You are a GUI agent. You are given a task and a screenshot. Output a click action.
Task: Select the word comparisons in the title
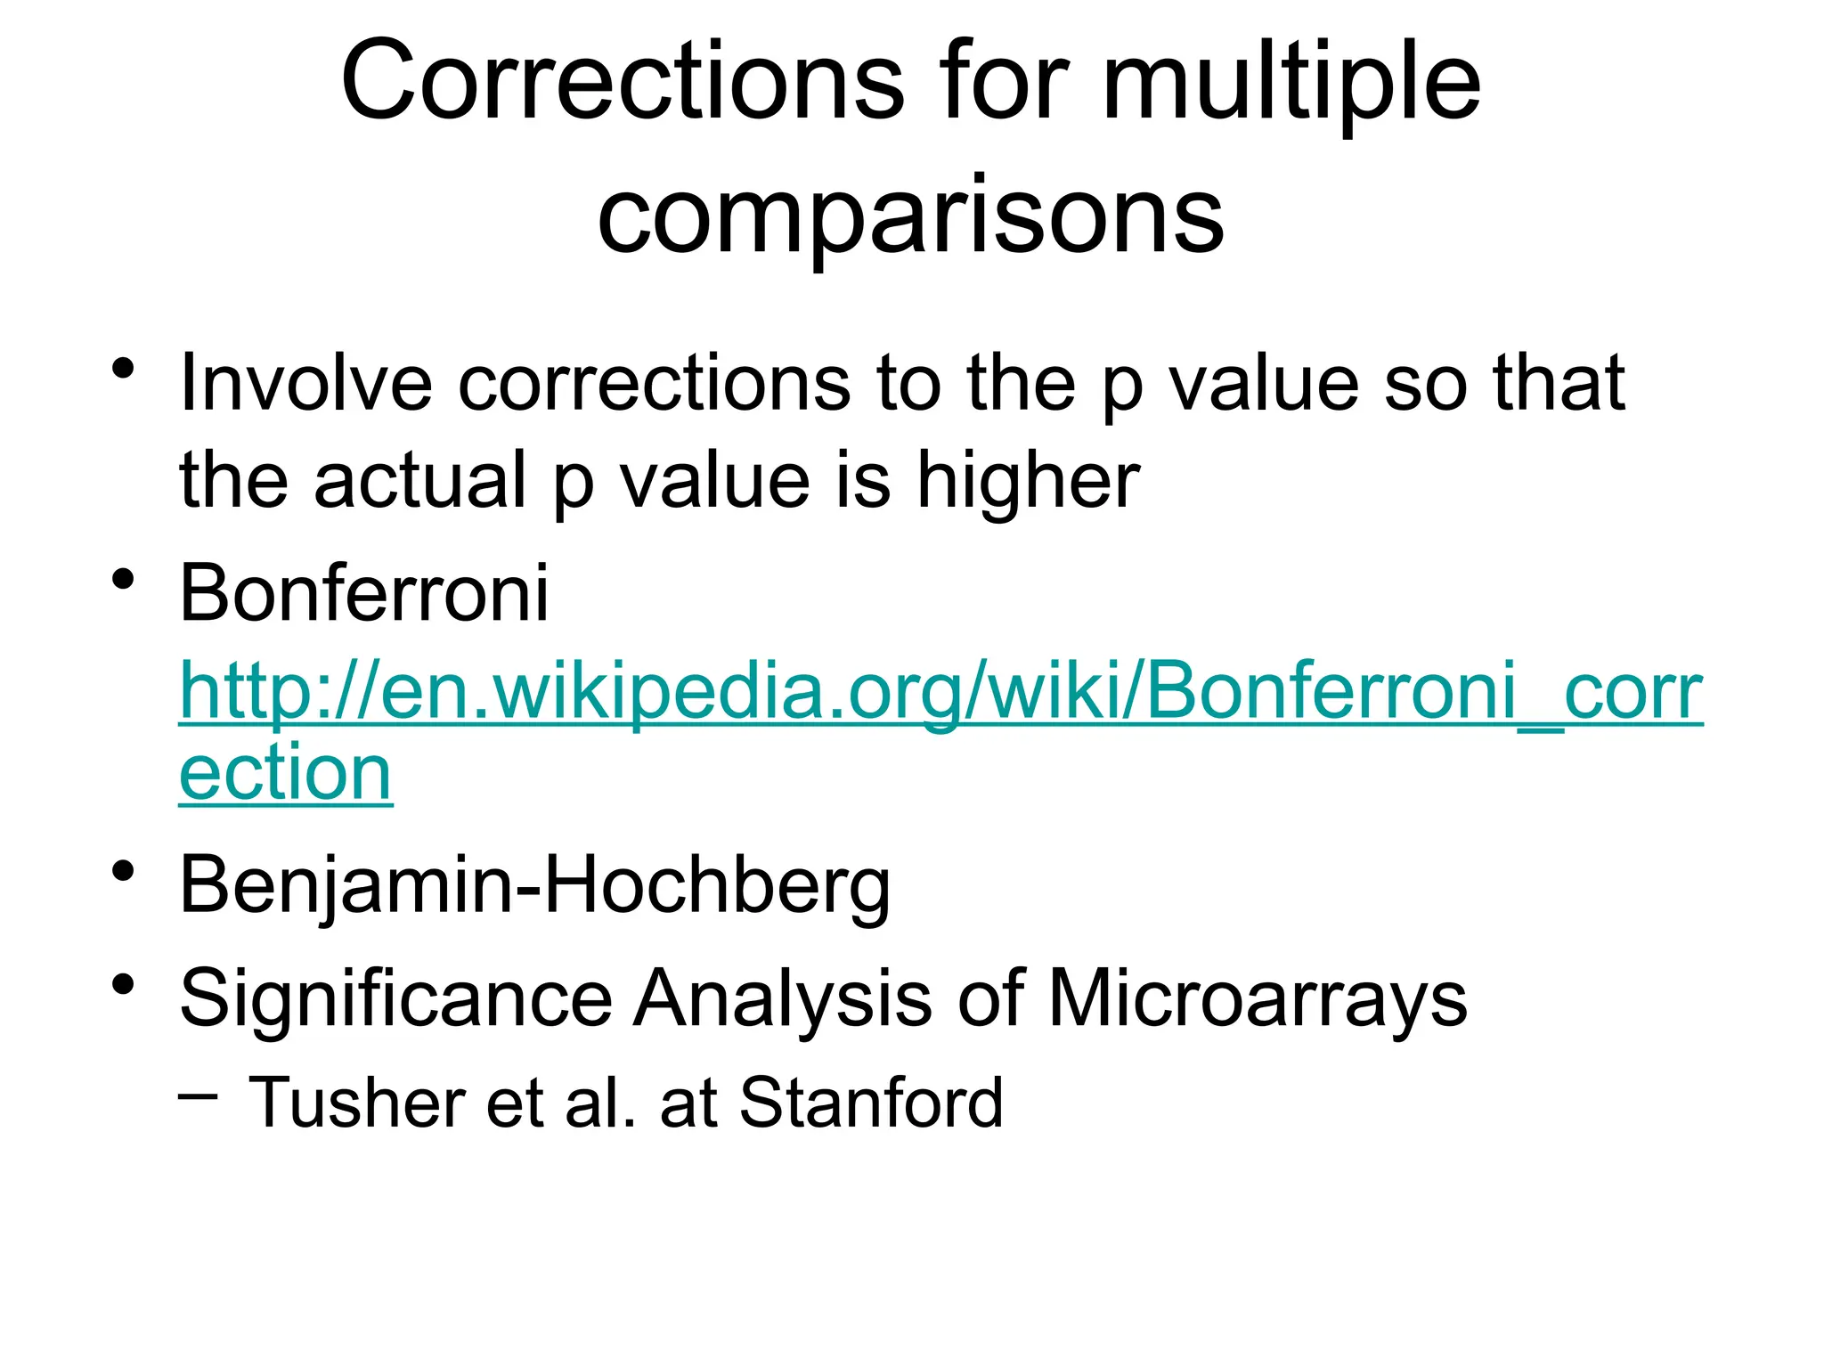point(910,216)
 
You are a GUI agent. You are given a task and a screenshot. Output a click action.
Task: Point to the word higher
point(1028,481)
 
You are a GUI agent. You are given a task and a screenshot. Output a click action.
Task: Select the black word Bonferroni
point(364,593)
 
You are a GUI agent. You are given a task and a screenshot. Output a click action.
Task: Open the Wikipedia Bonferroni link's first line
point(940,693)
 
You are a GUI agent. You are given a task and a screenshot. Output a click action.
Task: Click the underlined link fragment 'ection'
point(285,773)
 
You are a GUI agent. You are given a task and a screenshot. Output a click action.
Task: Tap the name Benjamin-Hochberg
point(534,885)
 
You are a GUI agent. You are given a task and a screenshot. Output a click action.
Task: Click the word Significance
point(395,999)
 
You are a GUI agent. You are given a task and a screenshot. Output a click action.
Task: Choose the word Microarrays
point(1257,999)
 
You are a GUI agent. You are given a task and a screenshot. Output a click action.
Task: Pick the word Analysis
point(782,999)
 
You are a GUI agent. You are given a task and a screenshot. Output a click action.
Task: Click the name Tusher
point(356,1103)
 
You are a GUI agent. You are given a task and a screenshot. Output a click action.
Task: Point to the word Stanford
point(871,1103)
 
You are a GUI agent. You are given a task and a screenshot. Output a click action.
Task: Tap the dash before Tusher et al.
point(197,1095)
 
